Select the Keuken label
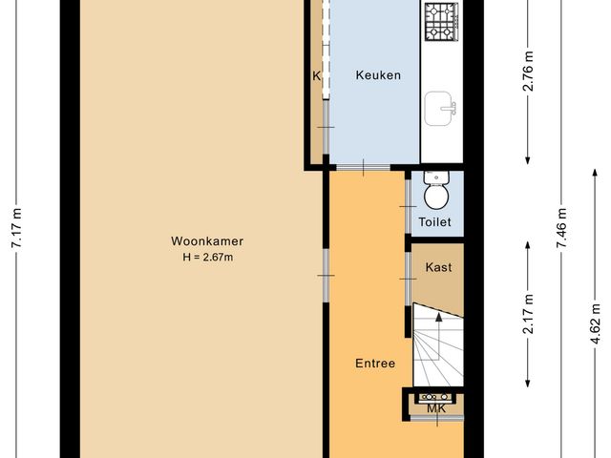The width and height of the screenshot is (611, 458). (378, 75)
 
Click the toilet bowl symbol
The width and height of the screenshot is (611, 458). (435, 192)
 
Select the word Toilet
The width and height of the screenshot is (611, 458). (435, 222)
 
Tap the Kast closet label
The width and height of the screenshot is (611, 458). (438, 267)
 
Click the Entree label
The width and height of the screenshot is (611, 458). (375, 363)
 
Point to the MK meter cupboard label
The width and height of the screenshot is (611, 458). (436, 409)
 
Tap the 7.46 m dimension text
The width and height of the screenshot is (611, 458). (562, 229)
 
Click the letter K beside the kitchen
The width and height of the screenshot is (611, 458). (316, 75)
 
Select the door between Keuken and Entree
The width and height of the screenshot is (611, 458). (363, 168)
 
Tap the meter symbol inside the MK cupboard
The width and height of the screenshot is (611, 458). (436, 396)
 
